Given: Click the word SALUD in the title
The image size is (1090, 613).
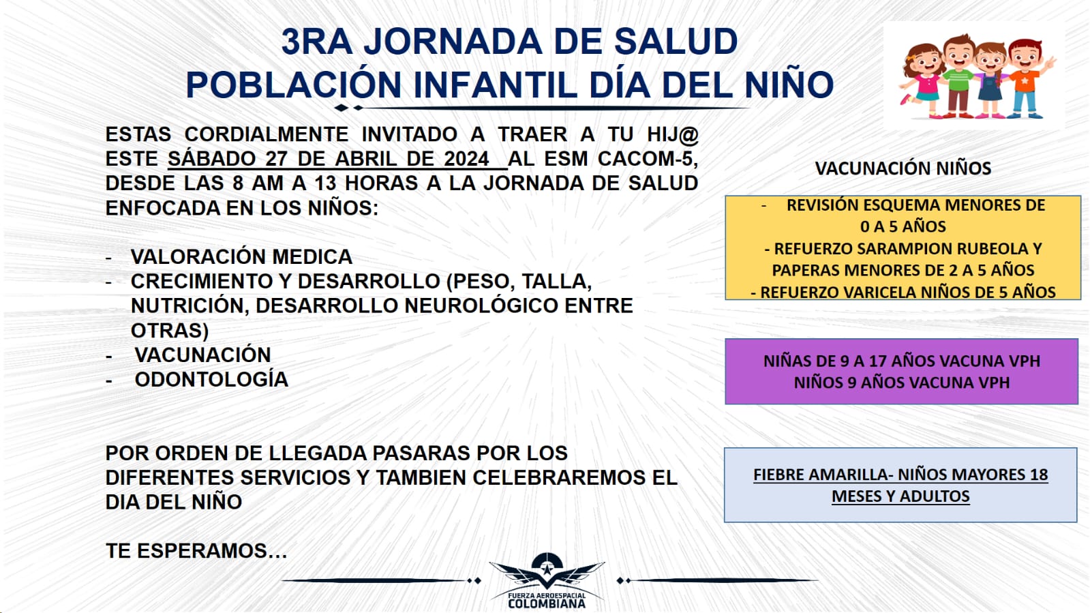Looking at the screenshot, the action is tap(676, 42).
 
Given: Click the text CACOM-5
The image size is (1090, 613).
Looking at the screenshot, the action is tap(648, 159).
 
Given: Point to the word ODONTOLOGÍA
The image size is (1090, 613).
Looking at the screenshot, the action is tap(211, 380).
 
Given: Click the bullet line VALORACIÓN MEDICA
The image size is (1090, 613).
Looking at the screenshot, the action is tap(241, 257).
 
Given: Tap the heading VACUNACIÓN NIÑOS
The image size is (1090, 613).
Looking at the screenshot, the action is tap(903, 168).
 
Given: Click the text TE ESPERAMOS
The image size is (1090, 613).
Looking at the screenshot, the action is tap(196, 551).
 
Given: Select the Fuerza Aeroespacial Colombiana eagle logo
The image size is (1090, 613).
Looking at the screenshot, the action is tap(547, 580).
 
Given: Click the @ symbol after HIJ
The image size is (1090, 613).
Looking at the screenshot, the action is tap(688, 134).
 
